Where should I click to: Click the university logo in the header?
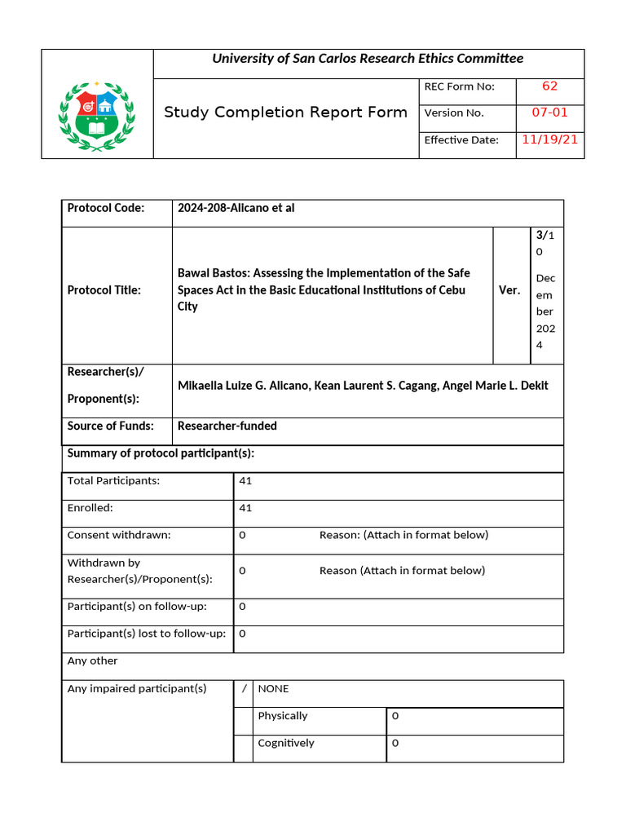[x=97, y=117]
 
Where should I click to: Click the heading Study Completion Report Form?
[x=285, y=113]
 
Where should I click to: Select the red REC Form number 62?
[x=549, y=86]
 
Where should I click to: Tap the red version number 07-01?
[x=549, y=113]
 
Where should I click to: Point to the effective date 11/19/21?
[x=549, y=139]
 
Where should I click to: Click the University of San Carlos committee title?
[x=368, y=59]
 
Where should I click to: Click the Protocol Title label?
[x=104, y=290]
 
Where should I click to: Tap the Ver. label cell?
[x=509, y=290]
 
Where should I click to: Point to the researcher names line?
[x=363, y=386]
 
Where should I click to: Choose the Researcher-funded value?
[x=227, y=426]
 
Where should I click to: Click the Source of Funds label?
[x=110, y=426]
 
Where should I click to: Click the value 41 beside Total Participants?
[x=245, y=481]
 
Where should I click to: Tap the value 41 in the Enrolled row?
[x=245, y=508]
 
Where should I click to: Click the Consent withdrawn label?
[x=119, y=536]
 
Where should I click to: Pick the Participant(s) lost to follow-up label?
[x=146, y=634]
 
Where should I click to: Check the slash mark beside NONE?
[x=244, y=689]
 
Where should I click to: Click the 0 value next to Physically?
[x=395, y=716]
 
